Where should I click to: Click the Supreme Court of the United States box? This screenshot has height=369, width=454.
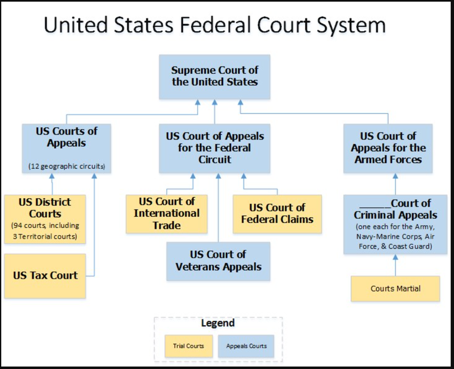[215, 76]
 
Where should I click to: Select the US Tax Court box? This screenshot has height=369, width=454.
[45, 275]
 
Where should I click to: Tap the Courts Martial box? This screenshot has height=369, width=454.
[396, 288]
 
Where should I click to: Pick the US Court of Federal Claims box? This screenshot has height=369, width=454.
[277, 214]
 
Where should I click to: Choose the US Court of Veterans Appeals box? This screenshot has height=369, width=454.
[218, 261]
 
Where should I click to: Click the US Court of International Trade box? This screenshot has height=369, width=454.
[166, 214]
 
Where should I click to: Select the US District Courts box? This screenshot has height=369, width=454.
[45, 219]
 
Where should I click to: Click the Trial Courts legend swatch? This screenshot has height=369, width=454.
[189, 345]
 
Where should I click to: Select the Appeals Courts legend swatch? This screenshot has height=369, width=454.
[246, 345]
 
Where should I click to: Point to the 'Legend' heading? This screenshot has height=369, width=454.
[218, 324]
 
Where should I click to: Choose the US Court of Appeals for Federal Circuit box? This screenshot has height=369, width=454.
[215, 148]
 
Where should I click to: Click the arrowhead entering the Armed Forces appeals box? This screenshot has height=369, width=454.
[396, 176]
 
